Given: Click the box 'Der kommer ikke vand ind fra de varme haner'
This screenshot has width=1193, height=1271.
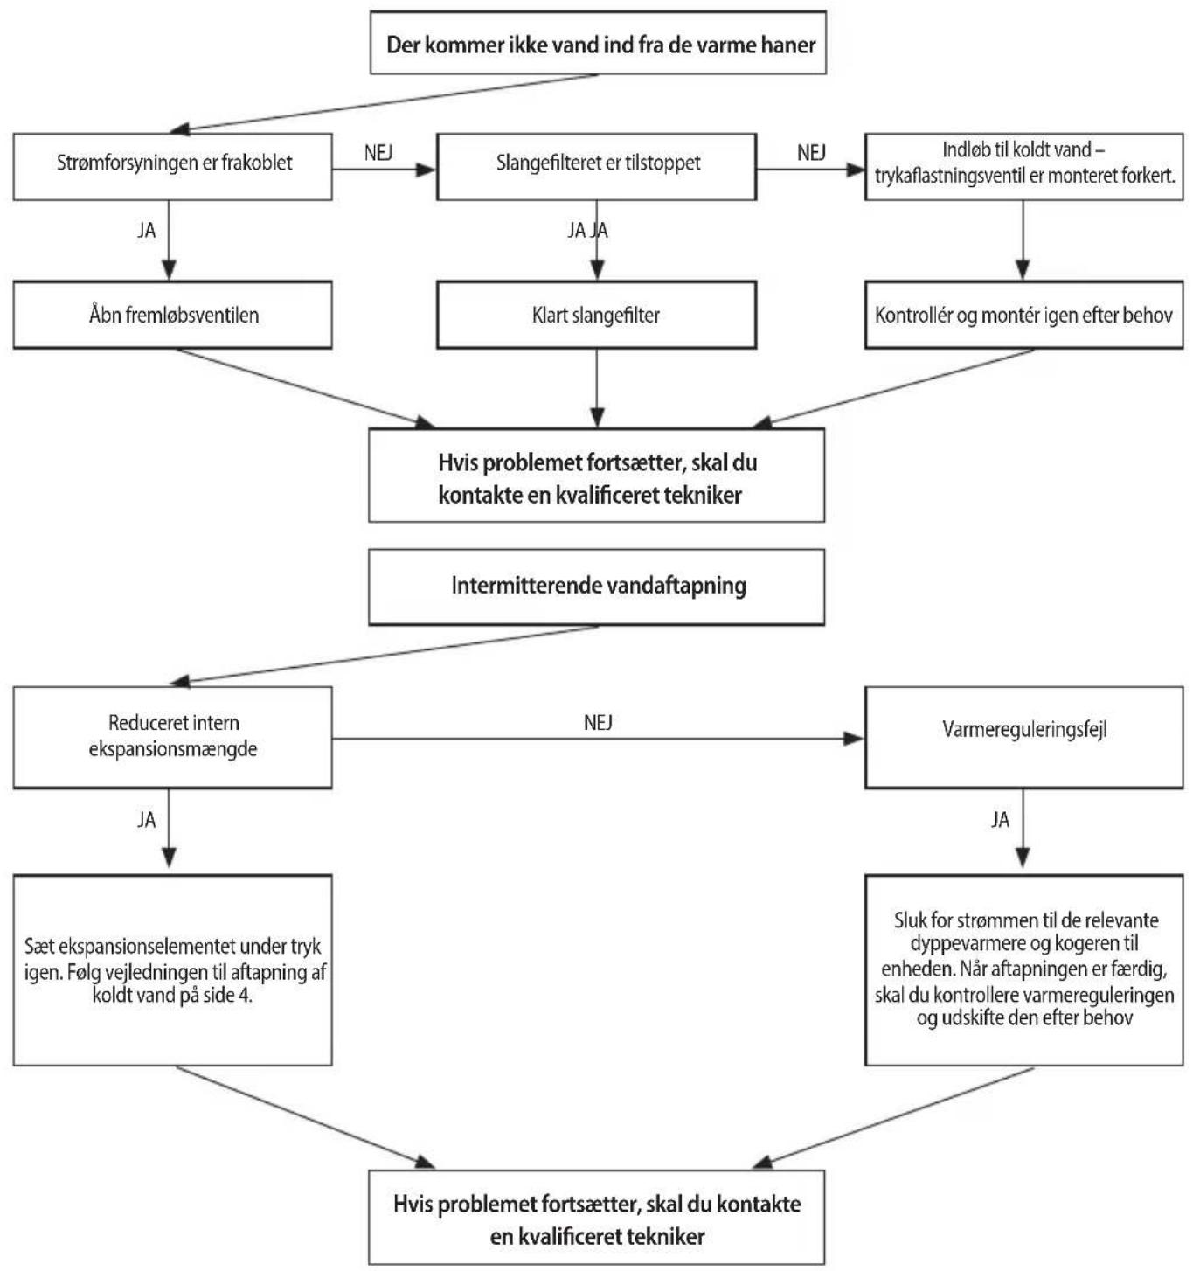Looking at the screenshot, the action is click(598, 42).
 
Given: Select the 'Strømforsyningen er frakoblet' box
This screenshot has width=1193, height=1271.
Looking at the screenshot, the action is click(173, 166).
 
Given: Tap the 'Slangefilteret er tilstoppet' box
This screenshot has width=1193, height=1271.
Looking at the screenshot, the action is click(596, 166).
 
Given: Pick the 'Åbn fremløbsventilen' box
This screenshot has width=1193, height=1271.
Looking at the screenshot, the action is click(173, 315).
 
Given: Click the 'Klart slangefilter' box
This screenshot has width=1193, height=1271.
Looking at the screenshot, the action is click(596, 315).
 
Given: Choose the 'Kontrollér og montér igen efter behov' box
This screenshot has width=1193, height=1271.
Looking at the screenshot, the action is click(1024, 315).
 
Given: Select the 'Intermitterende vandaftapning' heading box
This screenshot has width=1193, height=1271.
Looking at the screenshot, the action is click(596, 587).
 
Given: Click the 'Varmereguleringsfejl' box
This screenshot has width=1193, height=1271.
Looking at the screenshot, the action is click(1024, 737).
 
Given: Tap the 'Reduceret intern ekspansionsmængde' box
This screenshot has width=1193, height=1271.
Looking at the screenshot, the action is click(173, 737).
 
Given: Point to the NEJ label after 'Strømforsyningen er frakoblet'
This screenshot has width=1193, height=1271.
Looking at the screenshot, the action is click(378, 153).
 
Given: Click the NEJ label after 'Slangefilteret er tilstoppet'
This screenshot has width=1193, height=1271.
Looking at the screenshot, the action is click(811, 153).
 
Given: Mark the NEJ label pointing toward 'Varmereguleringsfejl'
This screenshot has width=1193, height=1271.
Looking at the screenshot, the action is click(598, 723).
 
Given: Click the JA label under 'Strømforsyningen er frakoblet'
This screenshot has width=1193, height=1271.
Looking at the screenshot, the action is click(146, 231).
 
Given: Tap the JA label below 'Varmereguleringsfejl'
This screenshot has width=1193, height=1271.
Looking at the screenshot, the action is click(1000, 820).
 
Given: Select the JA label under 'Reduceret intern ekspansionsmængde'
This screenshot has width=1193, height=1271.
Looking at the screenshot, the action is click(146, 820).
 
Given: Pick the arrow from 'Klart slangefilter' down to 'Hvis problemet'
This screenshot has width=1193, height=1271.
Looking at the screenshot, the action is click(596, 388).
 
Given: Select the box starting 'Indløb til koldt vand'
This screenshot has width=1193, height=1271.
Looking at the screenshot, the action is click(1024, 166).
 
